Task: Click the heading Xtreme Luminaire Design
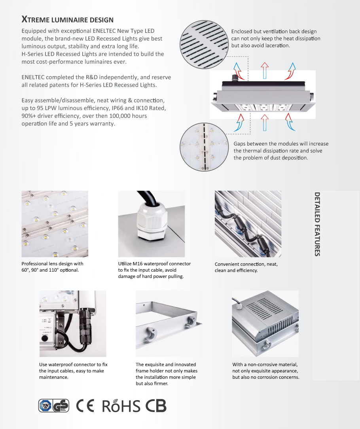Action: pos(67,19)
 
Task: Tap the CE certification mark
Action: pos(85,406)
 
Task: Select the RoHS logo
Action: pos(121,406)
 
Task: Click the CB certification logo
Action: pos(156,406)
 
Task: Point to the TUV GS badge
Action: pos(53,406)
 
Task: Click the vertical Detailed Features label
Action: pos(317,224)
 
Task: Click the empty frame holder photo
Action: pos(169,323)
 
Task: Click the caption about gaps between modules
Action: pos(281,151)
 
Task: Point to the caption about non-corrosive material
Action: pos(265,370)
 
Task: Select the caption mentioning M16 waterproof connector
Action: pos(154,270)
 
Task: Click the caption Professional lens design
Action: pos(52,266)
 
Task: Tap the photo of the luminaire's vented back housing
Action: pos(265,323)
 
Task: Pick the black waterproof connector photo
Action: pos(72,323)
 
